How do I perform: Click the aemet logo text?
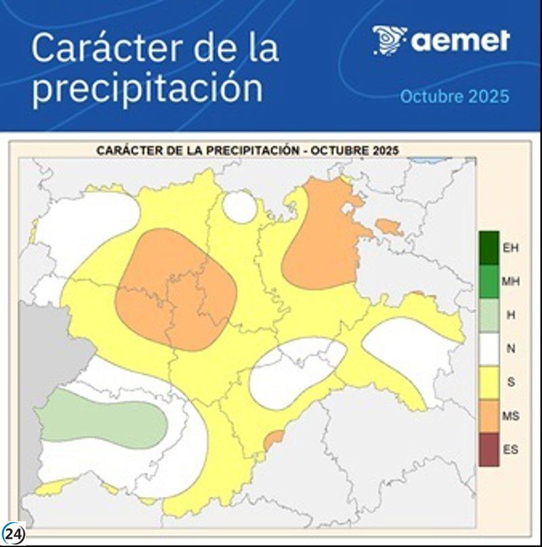point(460,41)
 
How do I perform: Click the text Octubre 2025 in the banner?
point(454,96)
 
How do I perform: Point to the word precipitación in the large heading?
point(147,88)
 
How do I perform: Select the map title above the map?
point(247,150)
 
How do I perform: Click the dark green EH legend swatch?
point(488,247)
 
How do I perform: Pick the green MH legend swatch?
point(488,281)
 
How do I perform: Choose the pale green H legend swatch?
point(488,315)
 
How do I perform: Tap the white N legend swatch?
point(488,348)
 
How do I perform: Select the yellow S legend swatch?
point(488,382)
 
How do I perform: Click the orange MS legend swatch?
point(488,416)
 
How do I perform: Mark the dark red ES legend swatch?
point(488,449)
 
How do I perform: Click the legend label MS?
point(511,416)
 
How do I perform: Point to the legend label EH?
point(511,248)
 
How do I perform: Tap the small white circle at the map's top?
point(240,207)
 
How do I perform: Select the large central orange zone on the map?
point(176,288)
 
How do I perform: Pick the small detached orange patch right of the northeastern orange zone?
point(389,227)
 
